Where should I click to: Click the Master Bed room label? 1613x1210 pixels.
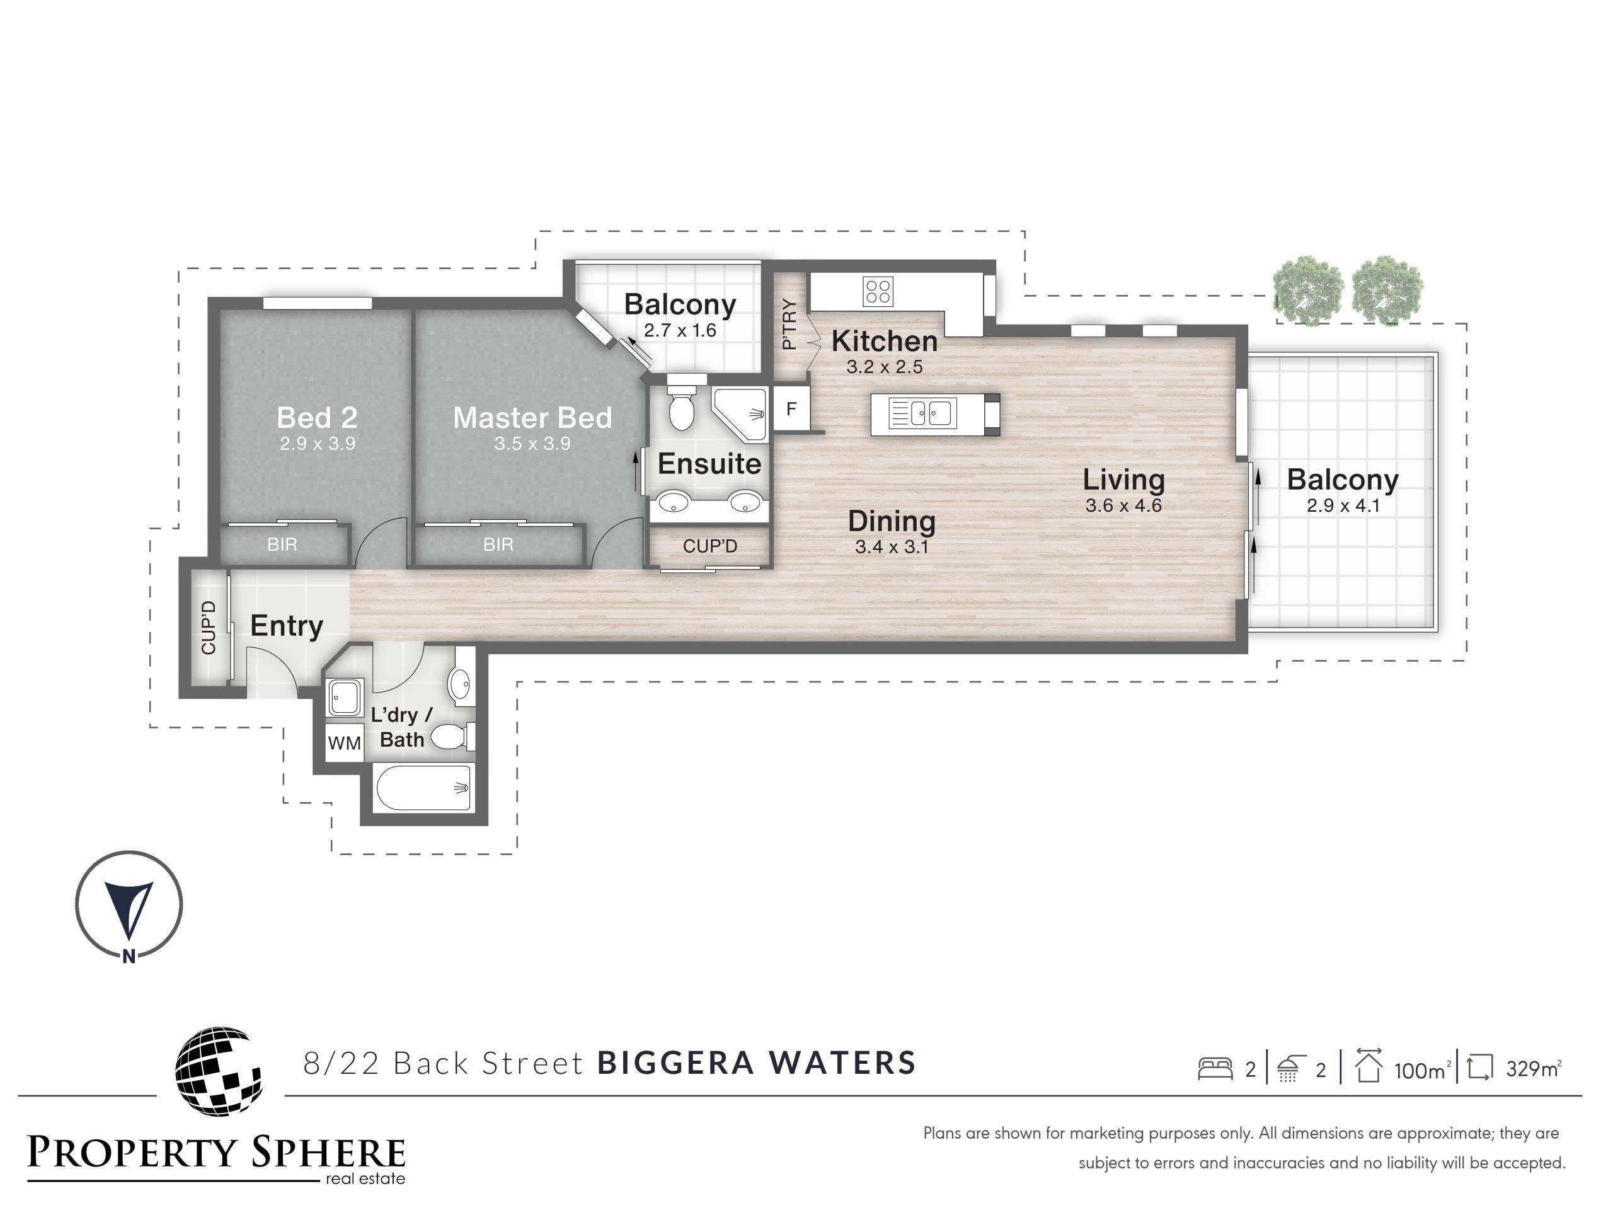click(532, 418)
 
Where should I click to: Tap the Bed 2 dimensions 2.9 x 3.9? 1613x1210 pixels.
click(317, 444)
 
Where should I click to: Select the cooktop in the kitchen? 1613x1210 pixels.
click(878, 291)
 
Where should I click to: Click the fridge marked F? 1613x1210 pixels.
click(791, 409)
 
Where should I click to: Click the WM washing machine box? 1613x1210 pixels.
click(344, 742)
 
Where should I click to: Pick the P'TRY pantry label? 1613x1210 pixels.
click(789, 324)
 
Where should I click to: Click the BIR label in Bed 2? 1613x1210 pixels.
click(282, 544)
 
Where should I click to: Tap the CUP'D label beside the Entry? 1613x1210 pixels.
click(209, 627)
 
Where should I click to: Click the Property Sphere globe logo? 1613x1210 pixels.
click(218, 1071)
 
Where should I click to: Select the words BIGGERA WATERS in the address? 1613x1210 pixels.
click(756, 1063)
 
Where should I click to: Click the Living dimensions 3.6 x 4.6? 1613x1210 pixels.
click(1123, 505)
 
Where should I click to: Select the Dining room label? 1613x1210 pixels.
click(891, 521)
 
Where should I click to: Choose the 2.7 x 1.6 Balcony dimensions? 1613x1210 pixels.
click(680, 330)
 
